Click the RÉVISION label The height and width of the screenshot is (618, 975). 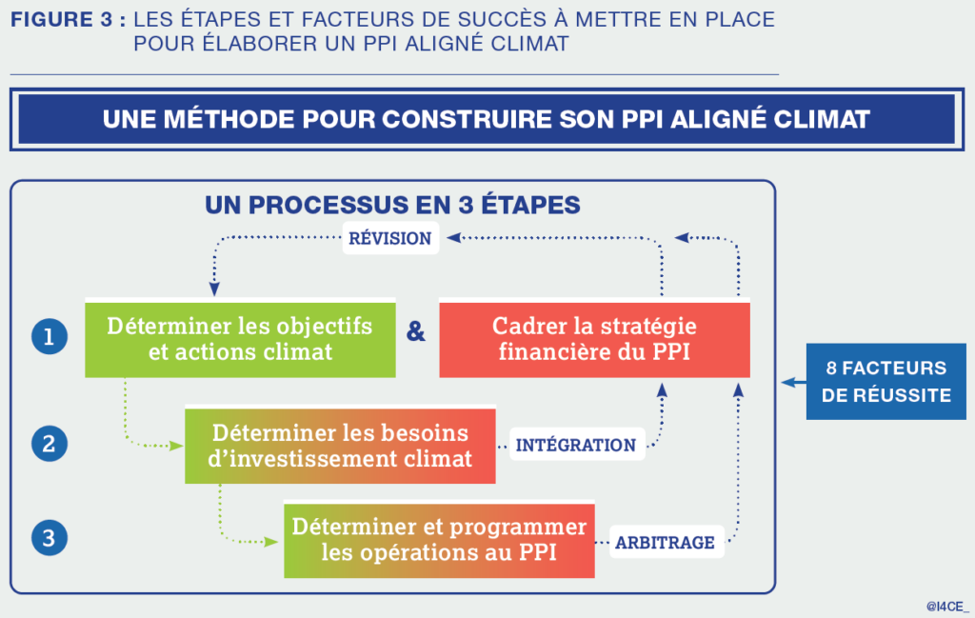coord(390,238)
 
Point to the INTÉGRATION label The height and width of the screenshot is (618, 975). coord(575,445)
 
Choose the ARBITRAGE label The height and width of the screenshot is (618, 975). coord(665,543)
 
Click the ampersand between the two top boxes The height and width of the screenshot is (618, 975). coord(416,332)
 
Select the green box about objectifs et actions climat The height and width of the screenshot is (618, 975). coord(240,339)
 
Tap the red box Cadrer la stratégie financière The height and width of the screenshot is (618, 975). coord(594,339)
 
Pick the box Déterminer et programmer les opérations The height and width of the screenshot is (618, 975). coord(439,540)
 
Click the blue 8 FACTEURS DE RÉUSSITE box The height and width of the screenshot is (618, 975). coord(885,381)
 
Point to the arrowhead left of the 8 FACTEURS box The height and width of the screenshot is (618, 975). coord(787,382)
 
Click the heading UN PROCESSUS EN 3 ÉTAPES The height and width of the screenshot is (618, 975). coord(392,205)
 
